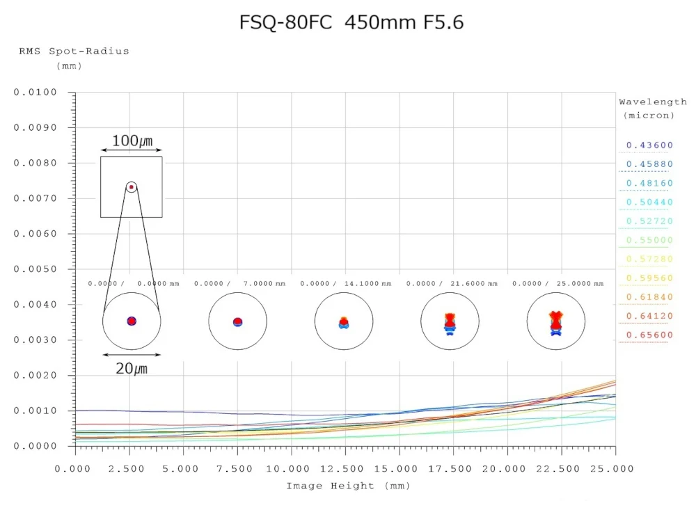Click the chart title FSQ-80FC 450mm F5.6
[351, 23]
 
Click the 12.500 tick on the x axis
[345, 468]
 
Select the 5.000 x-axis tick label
[183, 468]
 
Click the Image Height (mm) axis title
[348, 486]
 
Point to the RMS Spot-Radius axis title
[74, 51]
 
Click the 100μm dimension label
[132, 141]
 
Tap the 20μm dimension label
[132, 368]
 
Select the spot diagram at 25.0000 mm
[555, 321]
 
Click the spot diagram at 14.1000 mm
[344, 321]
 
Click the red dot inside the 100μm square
[132, 187]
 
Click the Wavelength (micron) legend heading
[652, 108]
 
